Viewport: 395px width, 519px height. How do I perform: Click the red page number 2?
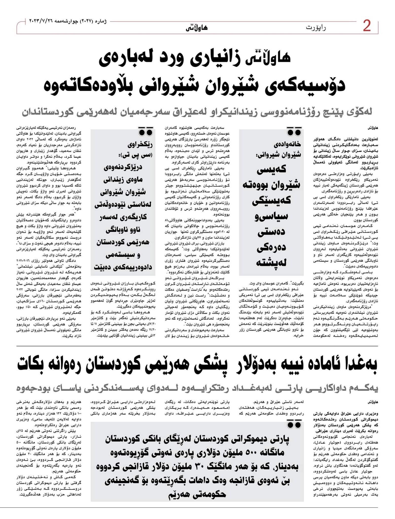click(x=367, y=27)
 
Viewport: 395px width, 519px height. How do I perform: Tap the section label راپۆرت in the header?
click(x=316, y=27)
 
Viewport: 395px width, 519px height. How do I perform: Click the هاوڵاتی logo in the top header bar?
click(x=196, y=28)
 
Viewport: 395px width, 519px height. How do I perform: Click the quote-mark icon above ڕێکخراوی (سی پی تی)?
click(x=145, y=131)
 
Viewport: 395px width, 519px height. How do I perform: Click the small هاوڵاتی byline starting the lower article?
click(x=372, y=402)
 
